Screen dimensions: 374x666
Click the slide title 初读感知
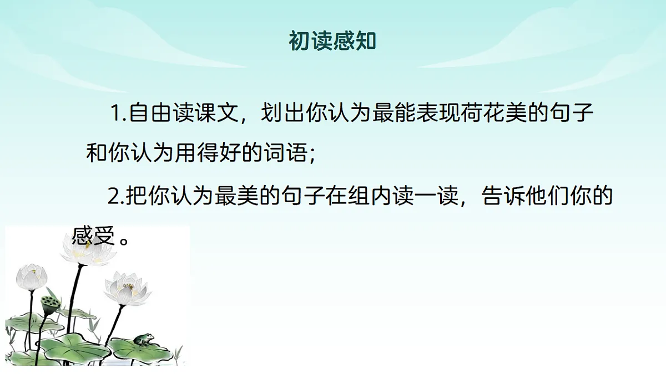click(332, 41)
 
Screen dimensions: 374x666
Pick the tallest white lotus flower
click(87, 250)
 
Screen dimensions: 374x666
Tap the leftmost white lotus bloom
click(31, 277)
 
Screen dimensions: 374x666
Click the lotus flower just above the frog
click(127, 288)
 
